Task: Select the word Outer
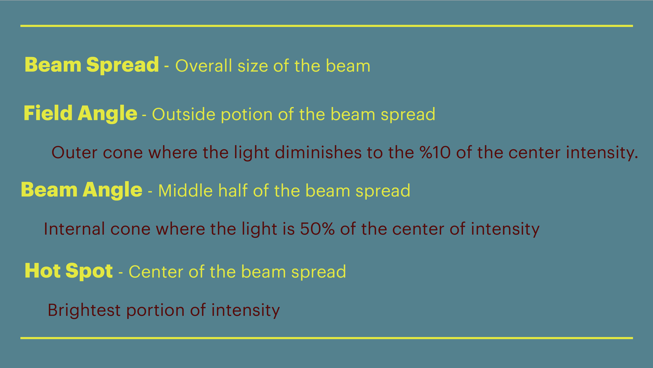pos(74,153)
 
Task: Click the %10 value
pos(435,153)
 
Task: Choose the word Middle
pos(185,191)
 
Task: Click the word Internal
pos(74,229)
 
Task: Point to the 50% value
pos(317,229)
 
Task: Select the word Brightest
pos(84,310)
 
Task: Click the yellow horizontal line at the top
pos(326,26)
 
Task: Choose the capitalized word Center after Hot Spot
pos(156,272)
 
